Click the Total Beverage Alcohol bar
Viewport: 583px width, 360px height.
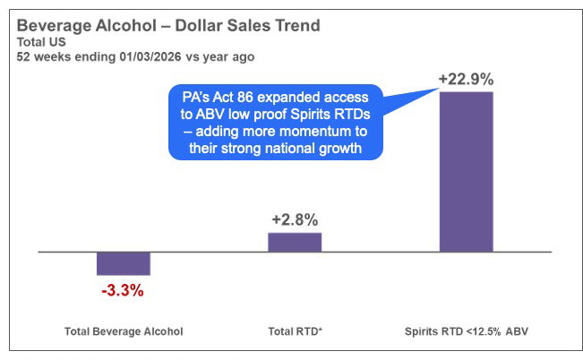123,263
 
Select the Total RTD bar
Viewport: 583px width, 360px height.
295,243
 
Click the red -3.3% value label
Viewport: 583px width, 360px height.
123,290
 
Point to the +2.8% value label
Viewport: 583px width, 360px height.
295,219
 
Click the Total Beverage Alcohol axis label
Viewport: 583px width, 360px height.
124,331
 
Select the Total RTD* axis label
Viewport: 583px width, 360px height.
296,331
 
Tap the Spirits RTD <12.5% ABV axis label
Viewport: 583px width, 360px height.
467,331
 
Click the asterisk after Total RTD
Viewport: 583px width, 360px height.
320,330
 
